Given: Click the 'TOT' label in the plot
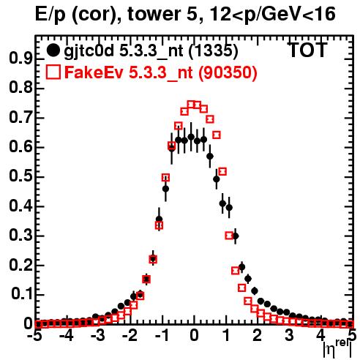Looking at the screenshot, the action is tap(307, 50).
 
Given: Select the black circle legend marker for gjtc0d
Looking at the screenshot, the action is tap(53, 50).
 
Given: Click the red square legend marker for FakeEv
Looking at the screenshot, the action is tap(53, 72).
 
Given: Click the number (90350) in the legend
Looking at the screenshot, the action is tap(228, 72).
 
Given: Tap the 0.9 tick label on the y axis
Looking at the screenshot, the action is tap(20, 59).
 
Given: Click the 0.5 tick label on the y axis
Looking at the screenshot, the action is tap(20, 177).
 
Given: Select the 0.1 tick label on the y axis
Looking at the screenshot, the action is tap(22, 295).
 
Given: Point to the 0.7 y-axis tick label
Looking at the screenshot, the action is tap(20, 118).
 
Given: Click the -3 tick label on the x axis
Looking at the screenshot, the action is tap(98, 336).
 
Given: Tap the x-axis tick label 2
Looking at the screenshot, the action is tap(258, 336).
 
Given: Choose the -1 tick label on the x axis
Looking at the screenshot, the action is tap(162, 336).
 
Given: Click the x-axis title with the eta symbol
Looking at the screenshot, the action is tap(337, 350).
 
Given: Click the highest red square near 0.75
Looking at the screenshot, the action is tap(191, 105).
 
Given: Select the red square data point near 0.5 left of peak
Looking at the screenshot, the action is tap(165, 178).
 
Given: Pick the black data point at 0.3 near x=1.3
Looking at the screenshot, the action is tap(236, 236).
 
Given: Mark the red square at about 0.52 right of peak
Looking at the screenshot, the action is tap(222, 171).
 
